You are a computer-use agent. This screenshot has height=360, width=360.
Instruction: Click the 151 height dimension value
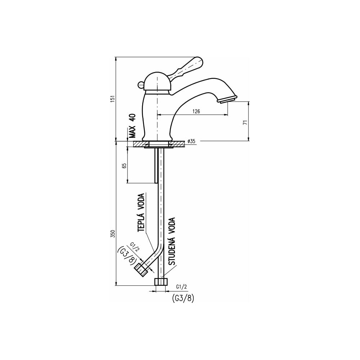coord(113,99)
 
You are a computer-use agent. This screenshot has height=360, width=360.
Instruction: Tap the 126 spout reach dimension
coord(196,111)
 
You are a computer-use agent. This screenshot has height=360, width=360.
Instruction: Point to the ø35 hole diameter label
coord(191,141)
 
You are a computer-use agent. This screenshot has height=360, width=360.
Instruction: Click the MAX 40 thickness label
coord(132,126)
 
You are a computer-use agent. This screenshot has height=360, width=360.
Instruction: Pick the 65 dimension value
coord(124,166)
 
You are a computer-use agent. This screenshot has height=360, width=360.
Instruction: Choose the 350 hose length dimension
coord(113,234)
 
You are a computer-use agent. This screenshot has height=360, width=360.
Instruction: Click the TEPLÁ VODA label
coord(141,213)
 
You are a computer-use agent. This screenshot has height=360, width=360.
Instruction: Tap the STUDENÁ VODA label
coord(172,241)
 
